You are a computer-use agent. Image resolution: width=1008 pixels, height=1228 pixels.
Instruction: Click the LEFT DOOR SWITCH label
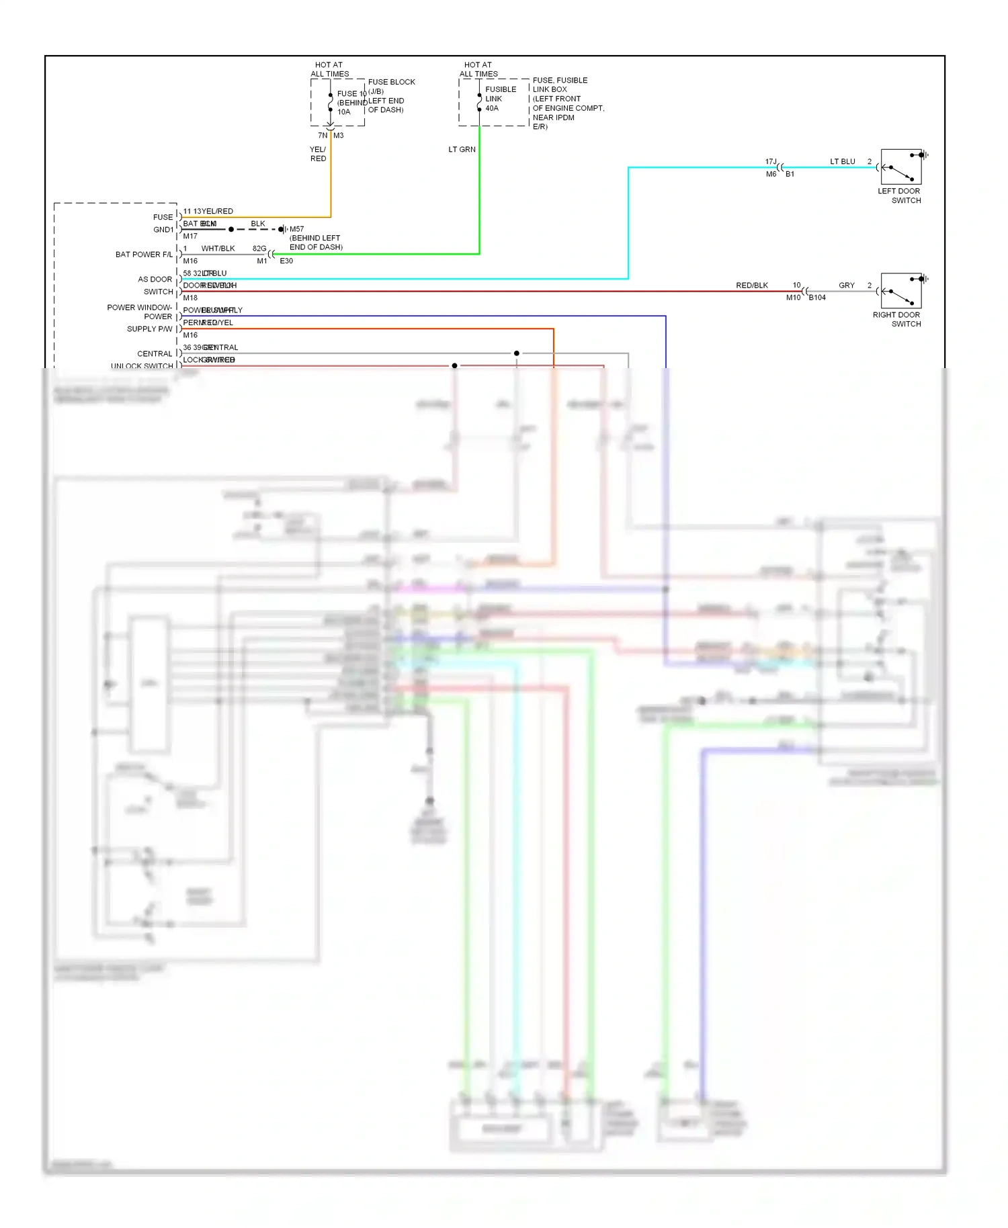[x=899, y=195]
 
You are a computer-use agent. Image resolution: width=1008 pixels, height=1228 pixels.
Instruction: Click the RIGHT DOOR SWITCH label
[x=896, y=319]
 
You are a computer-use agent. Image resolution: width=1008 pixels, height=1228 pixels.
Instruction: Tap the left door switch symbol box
[x=900, y=167]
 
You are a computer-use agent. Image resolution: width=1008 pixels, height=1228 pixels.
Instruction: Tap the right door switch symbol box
[x=900, y=290]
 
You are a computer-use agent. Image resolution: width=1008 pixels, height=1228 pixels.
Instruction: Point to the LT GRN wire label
[x=462, y=149]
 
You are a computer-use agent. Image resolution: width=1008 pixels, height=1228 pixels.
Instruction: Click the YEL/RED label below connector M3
[x=318, y=154]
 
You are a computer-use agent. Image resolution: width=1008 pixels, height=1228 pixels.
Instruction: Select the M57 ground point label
[x=296, y=229]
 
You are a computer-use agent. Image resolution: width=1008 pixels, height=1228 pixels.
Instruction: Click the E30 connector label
[x=286, y=261]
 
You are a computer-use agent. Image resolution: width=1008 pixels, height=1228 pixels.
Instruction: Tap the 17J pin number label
[x=770, y=161]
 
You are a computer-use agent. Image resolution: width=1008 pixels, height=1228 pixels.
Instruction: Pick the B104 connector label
[x=817, y=297]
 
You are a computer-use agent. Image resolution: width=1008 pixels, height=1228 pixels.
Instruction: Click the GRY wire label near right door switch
[x=846, y=286]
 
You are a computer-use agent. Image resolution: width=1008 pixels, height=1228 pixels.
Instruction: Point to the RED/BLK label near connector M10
[x=751, y=286]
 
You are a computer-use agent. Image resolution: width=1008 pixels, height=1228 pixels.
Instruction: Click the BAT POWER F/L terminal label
[x=143, y=255]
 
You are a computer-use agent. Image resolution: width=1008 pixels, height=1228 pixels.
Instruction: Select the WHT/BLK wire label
[x=218, y=249]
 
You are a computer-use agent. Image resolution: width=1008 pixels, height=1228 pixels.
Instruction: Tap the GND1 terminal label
[x=163, y=230]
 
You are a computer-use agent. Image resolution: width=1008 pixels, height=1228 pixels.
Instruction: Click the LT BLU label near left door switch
[x=842, y=162]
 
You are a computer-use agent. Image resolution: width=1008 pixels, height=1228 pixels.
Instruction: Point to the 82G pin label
[x=259, y=249]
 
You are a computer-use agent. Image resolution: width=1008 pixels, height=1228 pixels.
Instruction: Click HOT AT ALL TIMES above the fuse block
[x=329, y=69]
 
